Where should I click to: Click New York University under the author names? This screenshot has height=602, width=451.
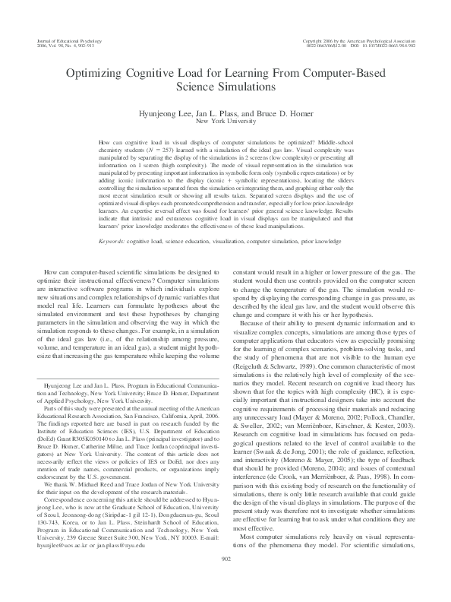click(225, 120)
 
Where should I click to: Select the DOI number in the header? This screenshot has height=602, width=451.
click(387, 45)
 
